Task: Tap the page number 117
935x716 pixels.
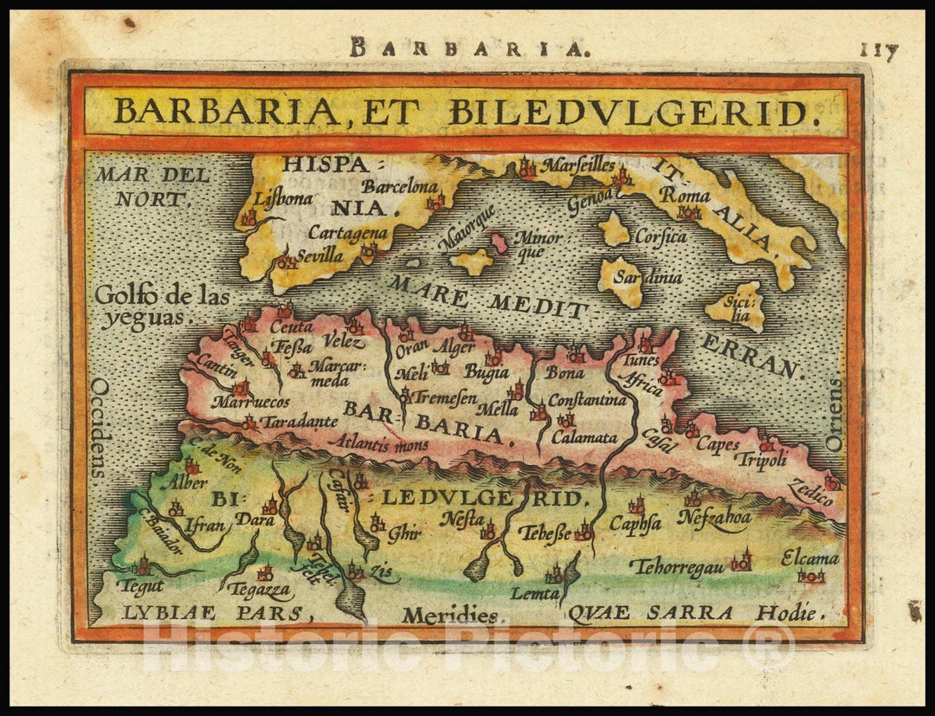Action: click(x=879, y=50)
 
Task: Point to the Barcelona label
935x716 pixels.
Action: click(x=400, y=186)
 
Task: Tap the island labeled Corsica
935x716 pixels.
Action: click(x=615, y=229)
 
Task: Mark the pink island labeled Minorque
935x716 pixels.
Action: click(x=500, y=241)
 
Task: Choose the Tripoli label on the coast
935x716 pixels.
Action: click(x=761, y=459)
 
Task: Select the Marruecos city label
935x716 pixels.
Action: click(x=251, y=403)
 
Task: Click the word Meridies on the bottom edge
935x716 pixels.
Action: click(x=449, y=616)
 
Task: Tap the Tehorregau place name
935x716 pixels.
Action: click(x=676, y=566)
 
